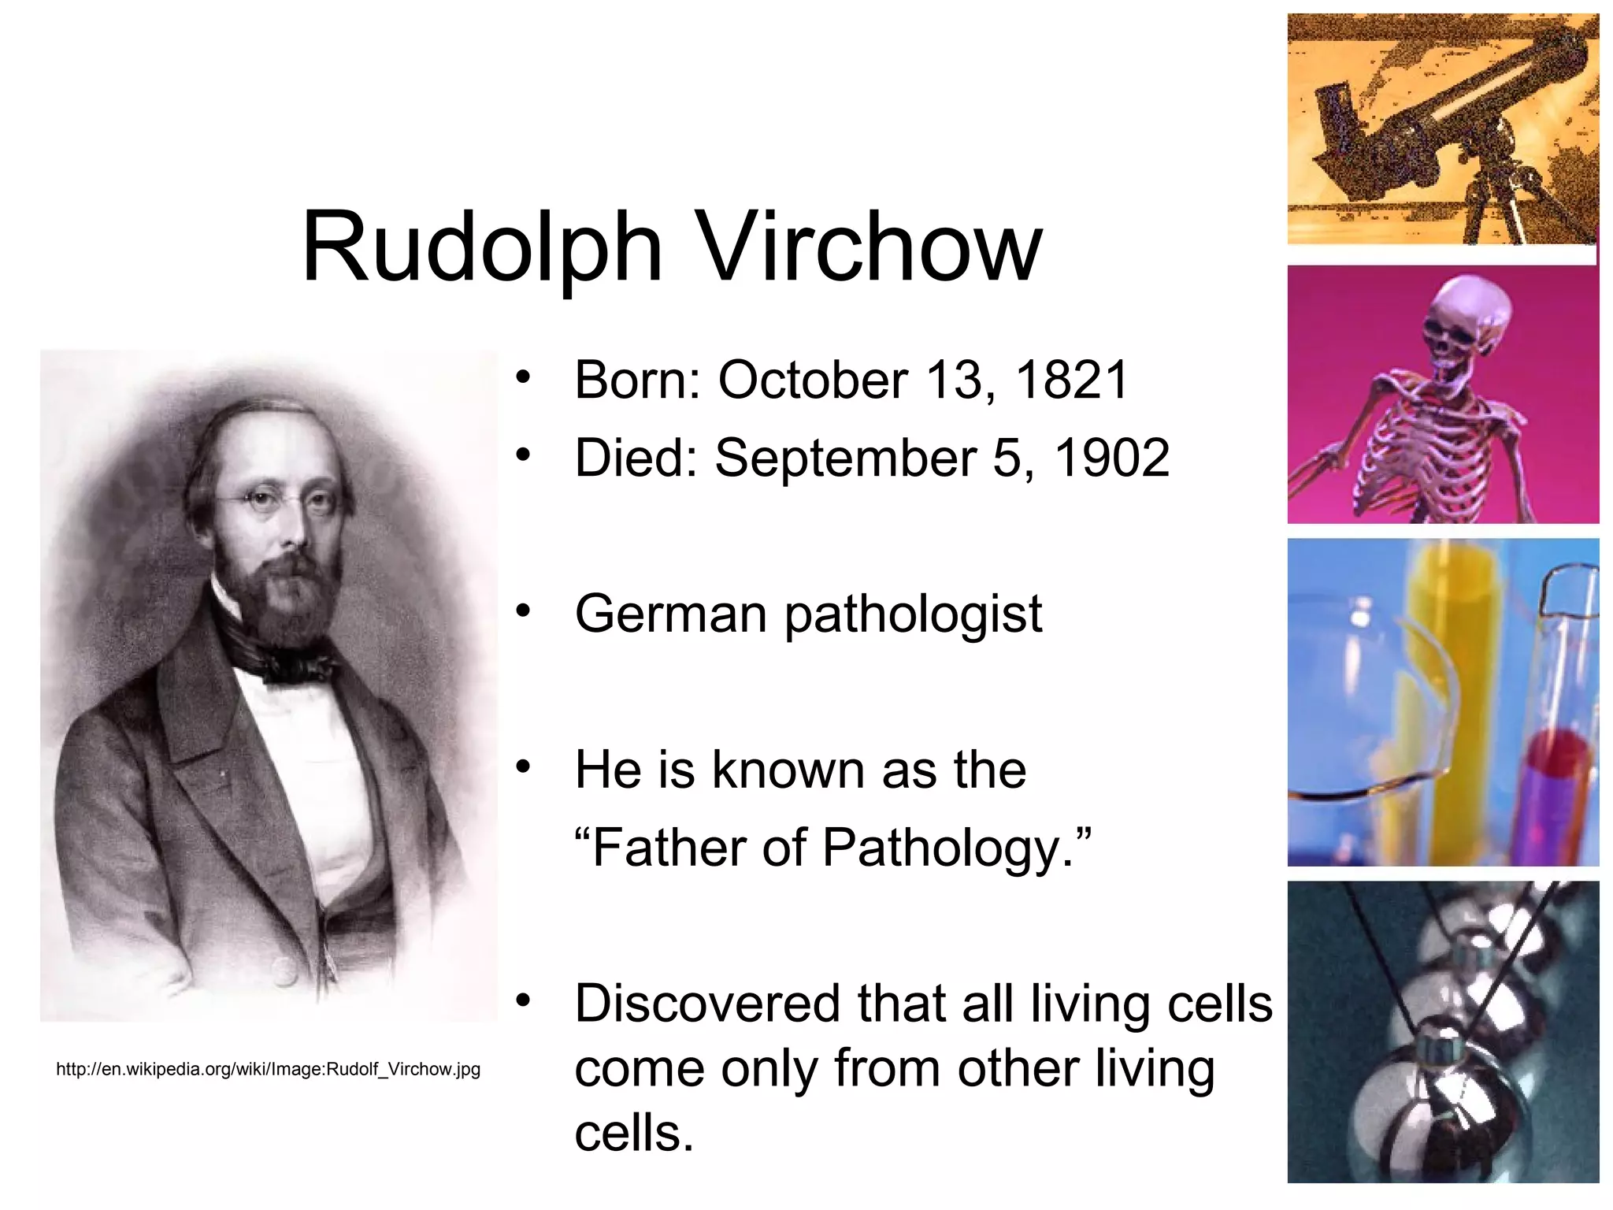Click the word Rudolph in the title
point(482,247)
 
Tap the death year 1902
point(1112,458)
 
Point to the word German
point(670,614)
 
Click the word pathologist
point(914,615)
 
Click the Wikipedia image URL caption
point(268,1070)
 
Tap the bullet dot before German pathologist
point(524,611)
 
